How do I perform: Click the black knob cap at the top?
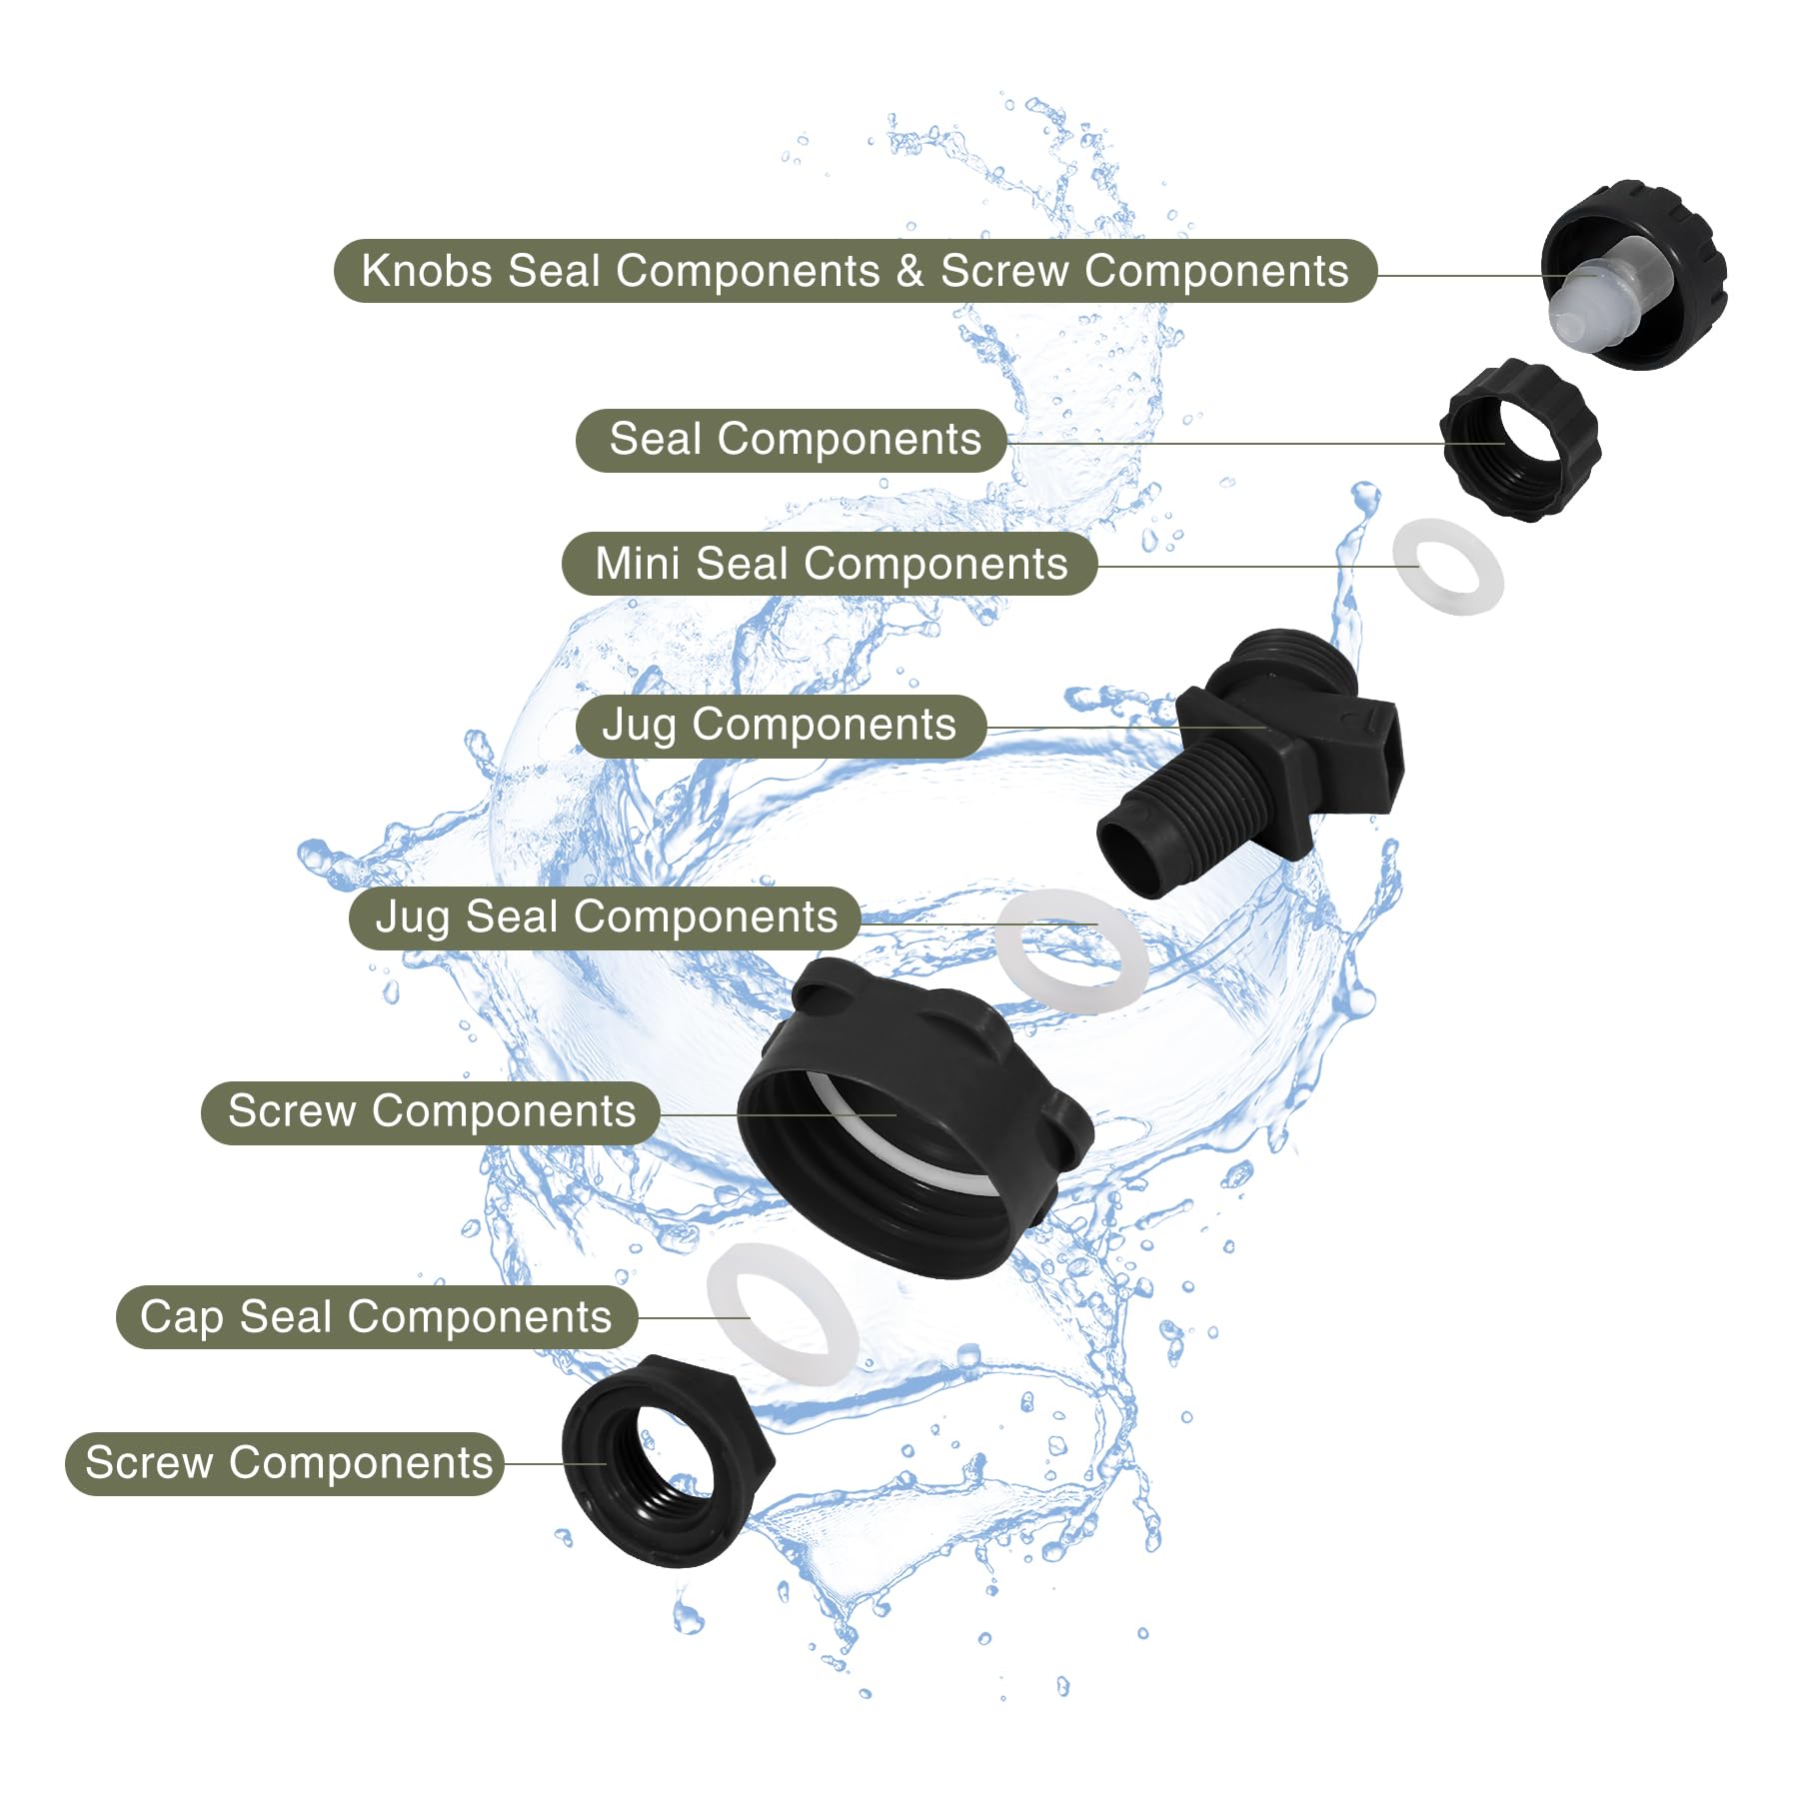[1635, 275]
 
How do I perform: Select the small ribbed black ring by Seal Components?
[1520, 440]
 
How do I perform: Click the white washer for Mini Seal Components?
[1448, 567]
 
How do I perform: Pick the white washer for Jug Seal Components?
[1072, 951]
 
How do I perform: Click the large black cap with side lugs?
[914, 1117]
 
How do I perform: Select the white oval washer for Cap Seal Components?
[782, 1313]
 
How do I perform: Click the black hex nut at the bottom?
[668, 1460]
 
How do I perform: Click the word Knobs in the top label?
[427, 271]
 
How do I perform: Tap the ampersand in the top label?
[909, 272]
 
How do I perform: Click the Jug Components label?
[781, 726]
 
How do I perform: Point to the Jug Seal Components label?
[606, 917]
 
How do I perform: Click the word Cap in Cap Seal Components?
[182, 1317]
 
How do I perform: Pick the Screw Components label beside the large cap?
[431, 1112]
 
